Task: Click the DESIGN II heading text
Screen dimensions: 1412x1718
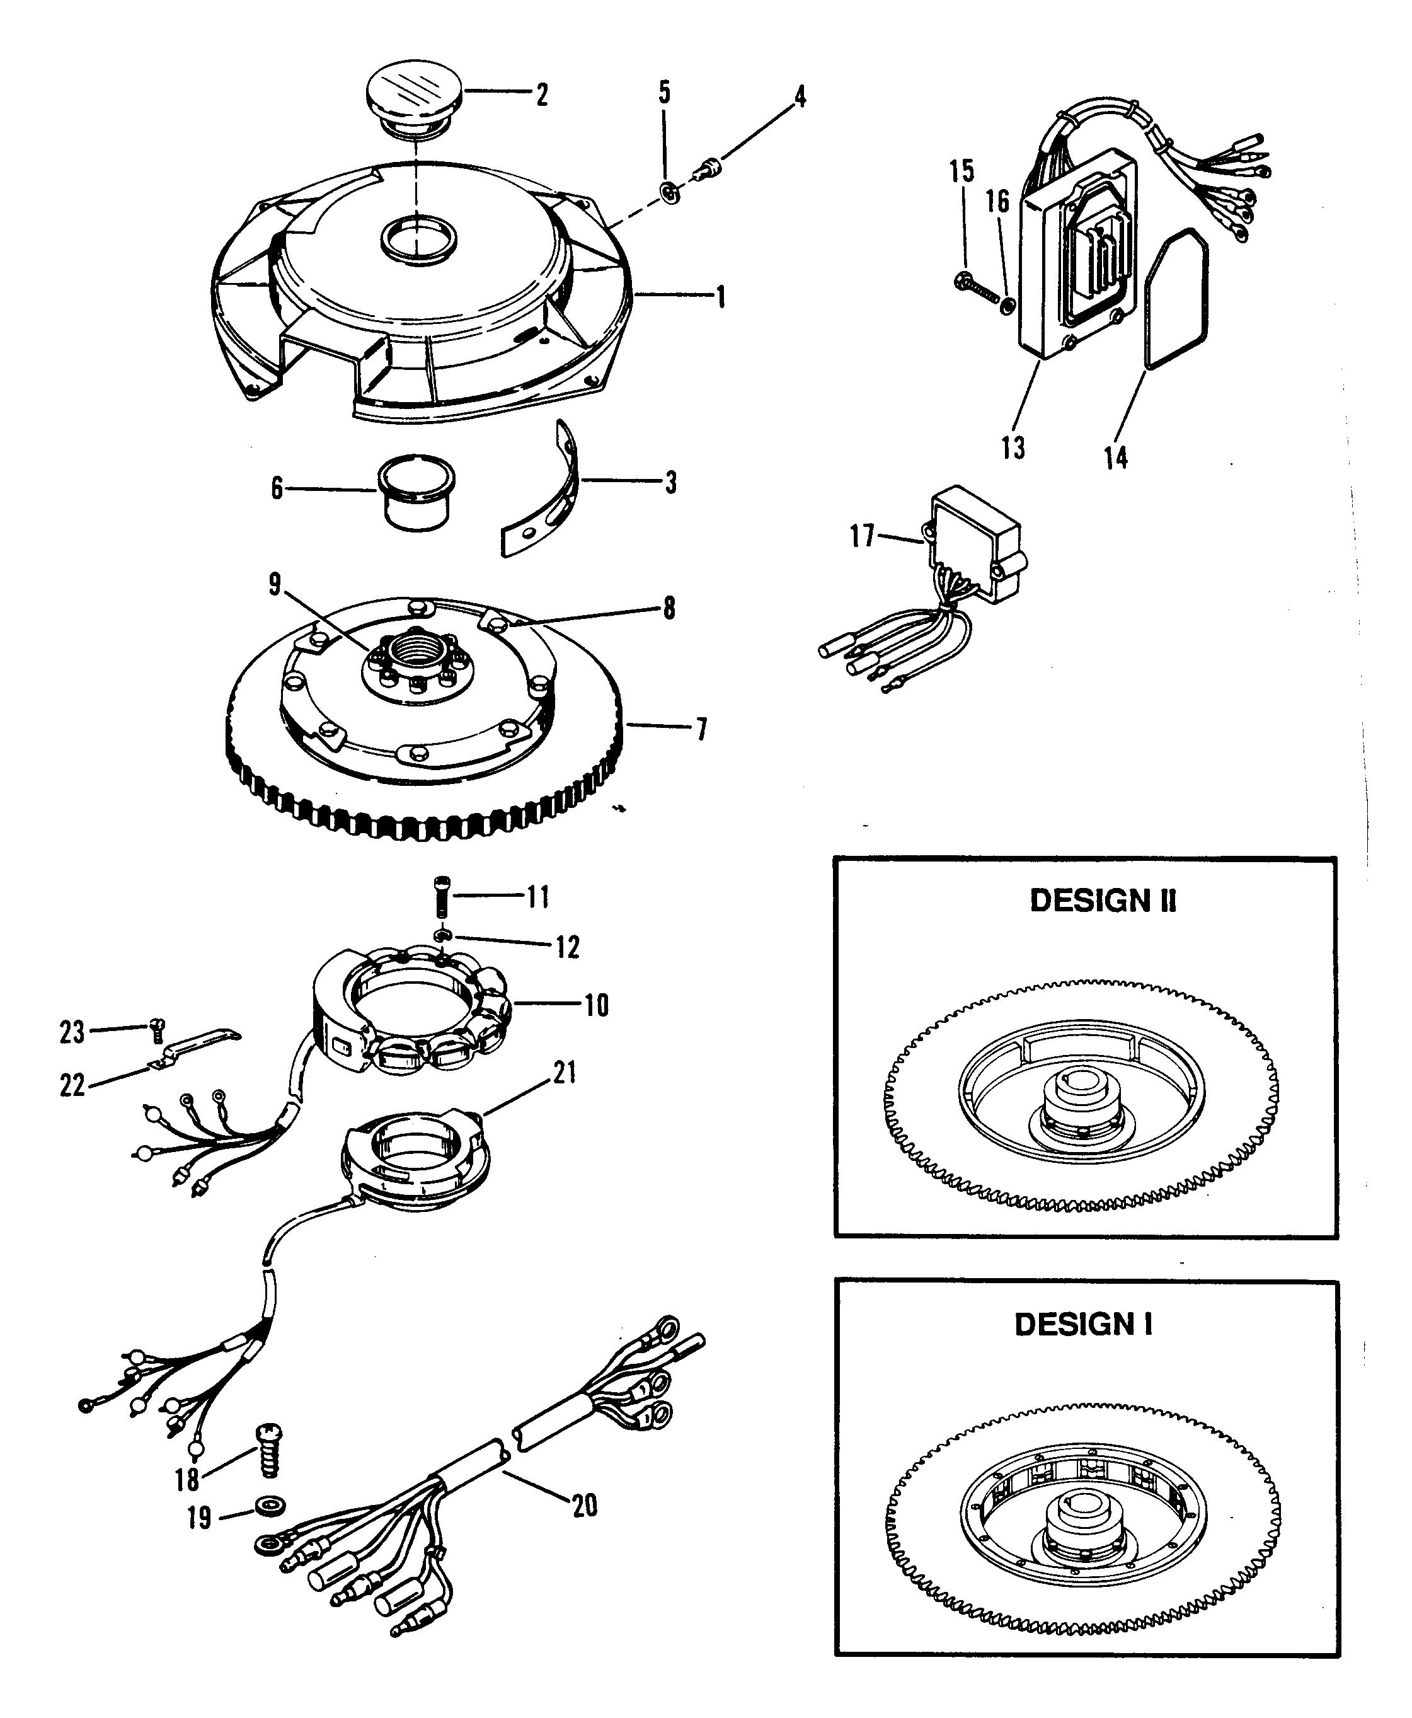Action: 1102,901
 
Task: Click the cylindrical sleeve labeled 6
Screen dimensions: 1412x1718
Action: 416,492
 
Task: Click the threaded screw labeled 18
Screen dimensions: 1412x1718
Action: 268,1450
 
